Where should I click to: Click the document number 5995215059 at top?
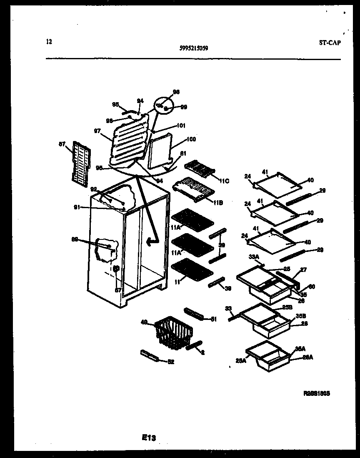194,48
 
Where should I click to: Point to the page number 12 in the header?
49,41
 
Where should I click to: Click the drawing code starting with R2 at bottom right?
317,393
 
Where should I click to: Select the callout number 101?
181,126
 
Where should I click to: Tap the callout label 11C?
224,181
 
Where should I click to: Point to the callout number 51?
214,320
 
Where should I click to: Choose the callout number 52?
170,362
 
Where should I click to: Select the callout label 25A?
240,361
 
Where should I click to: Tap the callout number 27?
303,270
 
